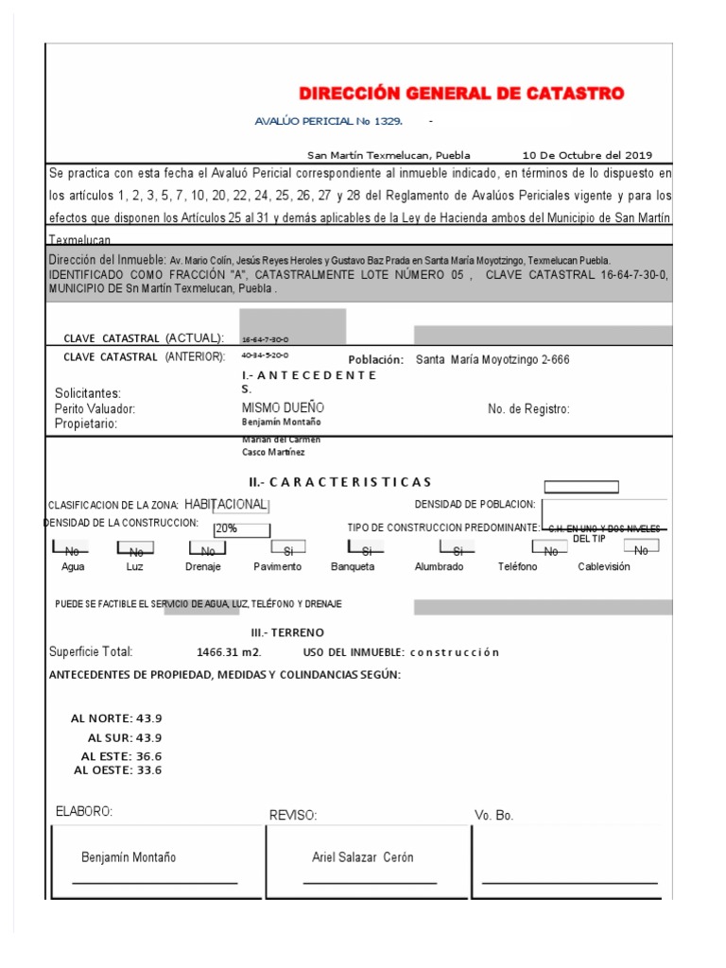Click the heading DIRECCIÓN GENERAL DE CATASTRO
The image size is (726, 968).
click(461, 94)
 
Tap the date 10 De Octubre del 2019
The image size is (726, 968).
click(586, 155)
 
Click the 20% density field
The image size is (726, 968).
click(242, 529)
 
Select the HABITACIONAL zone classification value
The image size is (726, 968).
click(225, 505)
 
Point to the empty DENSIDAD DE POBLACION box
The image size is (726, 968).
click(580, 487)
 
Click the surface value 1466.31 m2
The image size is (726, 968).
click(223, 652)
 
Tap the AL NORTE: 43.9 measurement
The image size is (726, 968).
click(116, 718)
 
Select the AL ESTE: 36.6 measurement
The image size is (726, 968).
click(121, 756)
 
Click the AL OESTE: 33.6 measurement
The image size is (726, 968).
click(117, 770)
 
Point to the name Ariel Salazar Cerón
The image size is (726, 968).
click(362, 857)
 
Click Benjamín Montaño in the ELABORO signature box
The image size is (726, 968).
click(129, 857)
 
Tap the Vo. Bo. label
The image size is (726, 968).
click(493, 815)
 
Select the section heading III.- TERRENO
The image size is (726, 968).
click(286, 631)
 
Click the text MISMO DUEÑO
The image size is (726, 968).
click(283, 407)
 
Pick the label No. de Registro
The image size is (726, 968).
click(528, 409)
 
